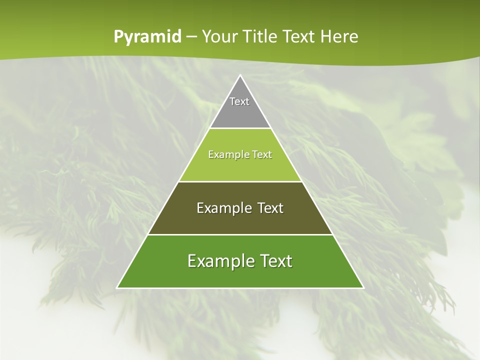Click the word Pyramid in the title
[x=147, y=37]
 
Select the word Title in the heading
[x=261, y=36]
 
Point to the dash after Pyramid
[x=191, y=37]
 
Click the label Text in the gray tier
[x=239, y=101]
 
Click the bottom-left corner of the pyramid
[x=117, y=287]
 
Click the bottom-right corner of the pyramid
[x=363, y=287]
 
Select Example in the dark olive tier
[x=223, y=208]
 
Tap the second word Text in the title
[x=299, y=36]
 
